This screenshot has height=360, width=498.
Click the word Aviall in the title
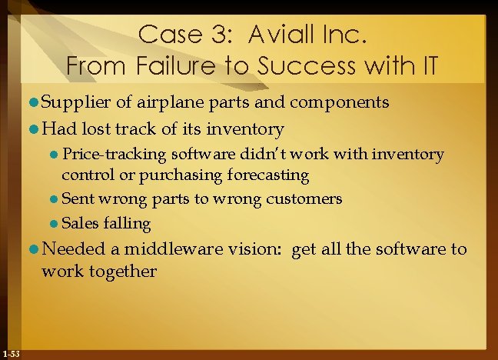point(279,34)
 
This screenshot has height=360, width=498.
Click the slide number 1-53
point(12,353)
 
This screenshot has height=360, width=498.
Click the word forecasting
point(268,175)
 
